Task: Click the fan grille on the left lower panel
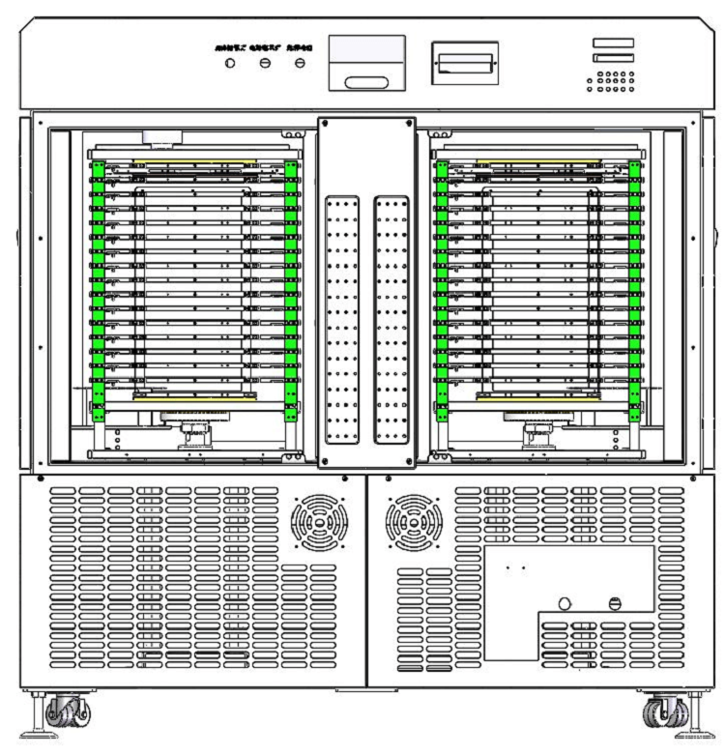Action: tap(318, 522)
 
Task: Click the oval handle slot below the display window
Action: tap(366, 82)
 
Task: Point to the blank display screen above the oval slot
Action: tap(366, 50)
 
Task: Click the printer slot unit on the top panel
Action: tap(464, 63)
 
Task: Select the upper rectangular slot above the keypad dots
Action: tap(614, 43)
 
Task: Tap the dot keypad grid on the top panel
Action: tap(611, 81)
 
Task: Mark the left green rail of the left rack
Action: tap(98, 290)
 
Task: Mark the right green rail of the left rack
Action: tap(292, 290)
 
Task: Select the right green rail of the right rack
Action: tap(635, 290)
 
